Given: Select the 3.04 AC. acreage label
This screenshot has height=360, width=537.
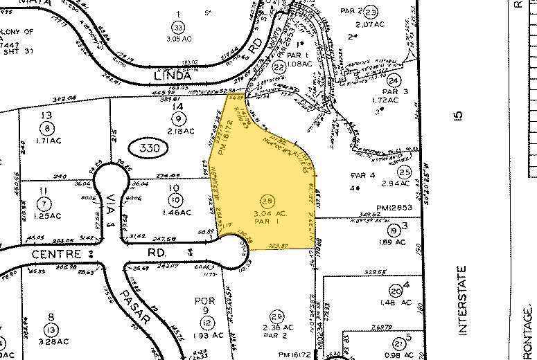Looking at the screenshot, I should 262,213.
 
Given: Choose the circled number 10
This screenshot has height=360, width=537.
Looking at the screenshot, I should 177,200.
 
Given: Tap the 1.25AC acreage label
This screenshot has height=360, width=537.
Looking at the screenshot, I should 49,215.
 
